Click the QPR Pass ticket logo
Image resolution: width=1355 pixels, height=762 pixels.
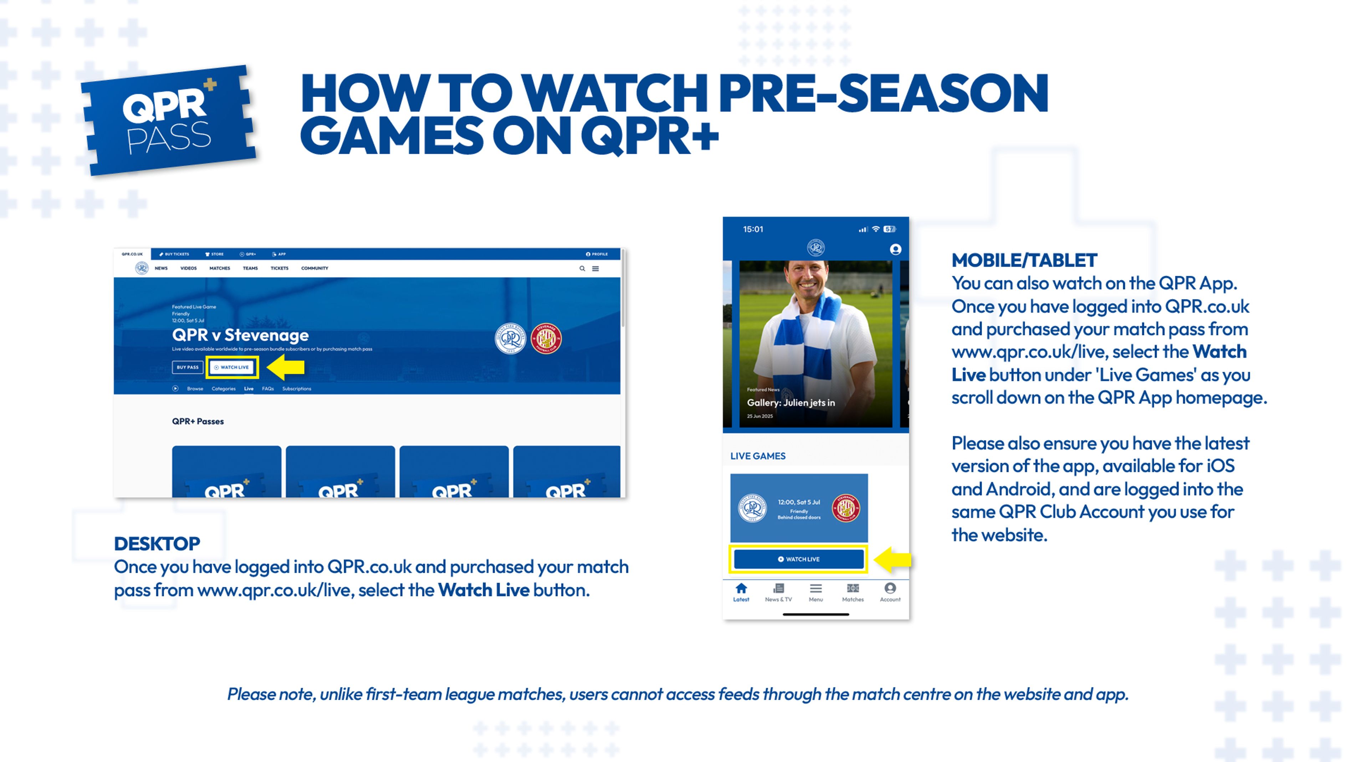168,121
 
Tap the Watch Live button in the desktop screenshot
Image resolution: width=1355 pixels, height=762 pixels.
232,367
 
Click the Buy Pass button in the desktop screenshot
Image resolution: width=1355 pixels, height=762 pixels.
187,367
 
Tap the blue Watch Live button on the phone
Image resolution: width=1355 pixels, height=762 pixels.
798,559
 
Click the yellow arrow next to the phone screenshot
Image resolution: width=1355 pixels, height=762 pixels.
894,559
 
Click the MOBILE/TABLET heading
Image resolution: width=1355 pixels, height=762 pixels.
1024,260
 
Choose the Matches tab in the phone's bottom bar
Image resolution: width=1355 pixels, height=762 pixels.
853,591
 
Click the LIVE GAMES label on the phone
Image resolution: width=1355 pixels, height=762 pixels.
757,456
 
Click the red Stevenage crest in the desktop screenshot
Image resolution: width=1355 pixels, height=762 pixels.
546,338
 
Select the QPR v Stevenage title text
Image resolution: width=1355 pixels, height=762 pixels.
240,335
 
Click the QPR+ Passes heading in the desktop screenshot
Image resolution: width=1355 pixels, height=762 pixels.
198,421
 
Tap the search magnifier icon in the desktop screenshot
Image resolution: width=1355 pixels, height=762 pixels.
582,268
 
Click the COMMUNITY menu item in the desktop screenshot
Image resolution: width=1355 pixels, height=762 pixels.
315,268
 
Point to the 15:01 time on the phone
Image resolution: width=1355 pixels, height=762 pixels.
753,229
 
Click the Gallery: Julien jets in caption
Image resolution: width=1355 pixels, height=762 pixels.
791,403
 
